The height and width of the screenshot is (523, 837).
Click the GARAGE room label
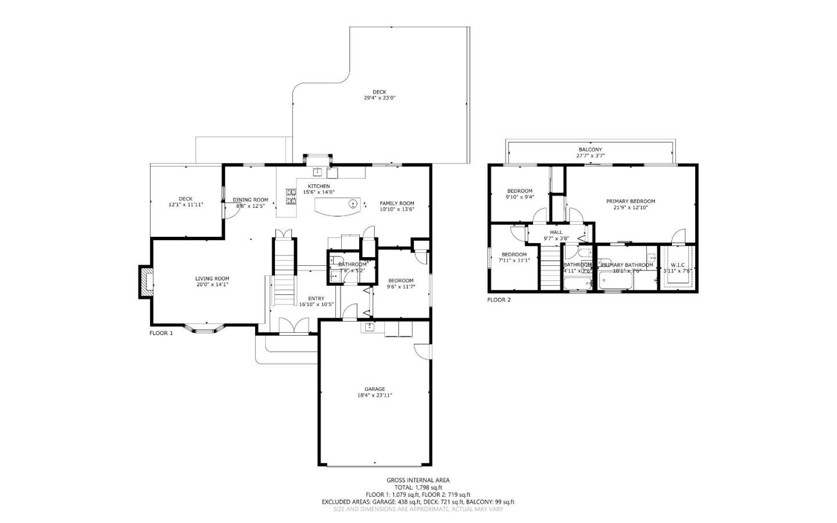[x=374, y=389]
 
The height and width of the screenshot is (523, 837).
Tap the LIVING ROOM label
[x=212, y=279]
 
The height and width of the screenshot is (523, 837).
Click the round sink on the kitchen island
[x=353, y=204]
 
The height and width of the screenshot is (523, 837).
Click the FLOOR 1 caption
[x=161, y=333]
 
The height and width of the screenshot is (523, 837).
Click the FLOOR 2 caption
[x=499, y=300]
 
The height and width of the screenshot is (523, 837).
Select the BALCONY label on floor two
[x=590, y=150]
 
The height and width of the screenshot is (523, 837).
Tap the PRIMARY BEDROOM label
[x=630, y=201]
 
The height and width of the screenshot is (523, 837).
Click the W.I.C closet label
[x=678, y=265]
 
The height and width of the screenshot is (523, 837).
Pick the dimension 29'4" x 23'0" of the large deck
[x=380, y=98]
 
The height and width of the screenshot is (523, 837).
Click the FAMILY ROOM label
[x=397, y=203]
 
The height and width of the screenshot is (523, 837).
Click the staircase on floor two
[x=550, y=268]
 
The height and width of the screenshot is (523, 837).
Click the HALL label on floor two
[x=556, y=232]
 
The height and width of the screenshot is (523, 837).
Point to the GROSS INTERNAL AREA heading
[x=418, y=480]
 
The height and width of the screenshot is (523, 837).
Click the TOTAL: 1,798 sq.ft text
[x=418, y=488]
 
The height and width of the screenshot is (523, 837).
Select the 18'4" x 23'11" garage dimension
[x=374, y=396]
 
